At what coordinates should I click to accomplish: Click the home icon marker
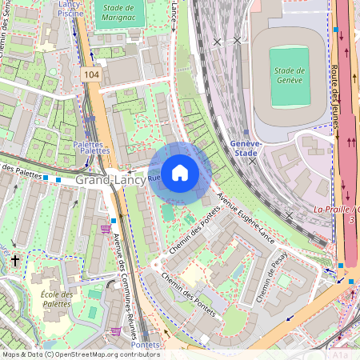(x=180, y=171)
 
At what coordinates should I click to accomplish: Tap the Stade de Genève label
(x=290, y=75)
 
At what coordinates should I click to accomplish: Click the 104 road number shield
(x=90, y=73)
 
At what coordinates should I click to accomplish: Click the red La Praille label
(x=336, y=209)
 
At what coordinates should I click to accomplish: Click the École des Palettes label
(x=57, y=299)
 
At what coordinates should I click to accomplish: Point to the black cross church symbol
(x=14, y=261)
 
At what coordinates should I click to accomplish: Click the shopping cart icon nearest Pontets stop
(x=116, y=330)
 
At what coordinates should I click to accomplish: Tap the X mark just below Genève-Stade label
(x=253, y=161)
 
